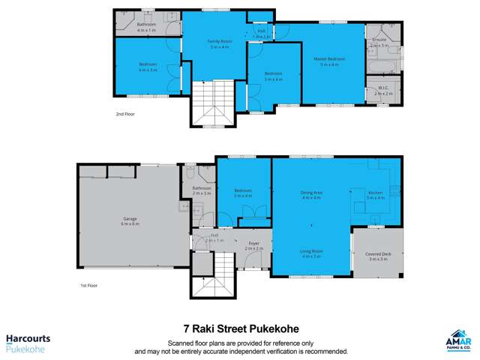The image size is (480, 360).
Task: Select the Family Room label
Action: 217,43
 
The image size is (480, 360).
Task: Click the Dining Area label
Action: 310,195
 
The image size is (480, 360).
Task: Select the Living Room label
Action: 310,253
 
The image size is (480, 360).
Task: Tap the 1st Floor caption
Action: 88,286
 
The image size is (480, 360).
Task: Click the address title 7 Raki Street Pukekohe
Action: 240,328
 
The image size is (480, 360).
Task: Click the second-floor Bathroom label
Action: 147,26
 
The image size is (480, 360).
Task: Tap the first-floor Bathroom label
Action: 202,190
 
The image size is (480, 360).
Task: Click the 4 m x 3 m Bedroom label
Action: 148,67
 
